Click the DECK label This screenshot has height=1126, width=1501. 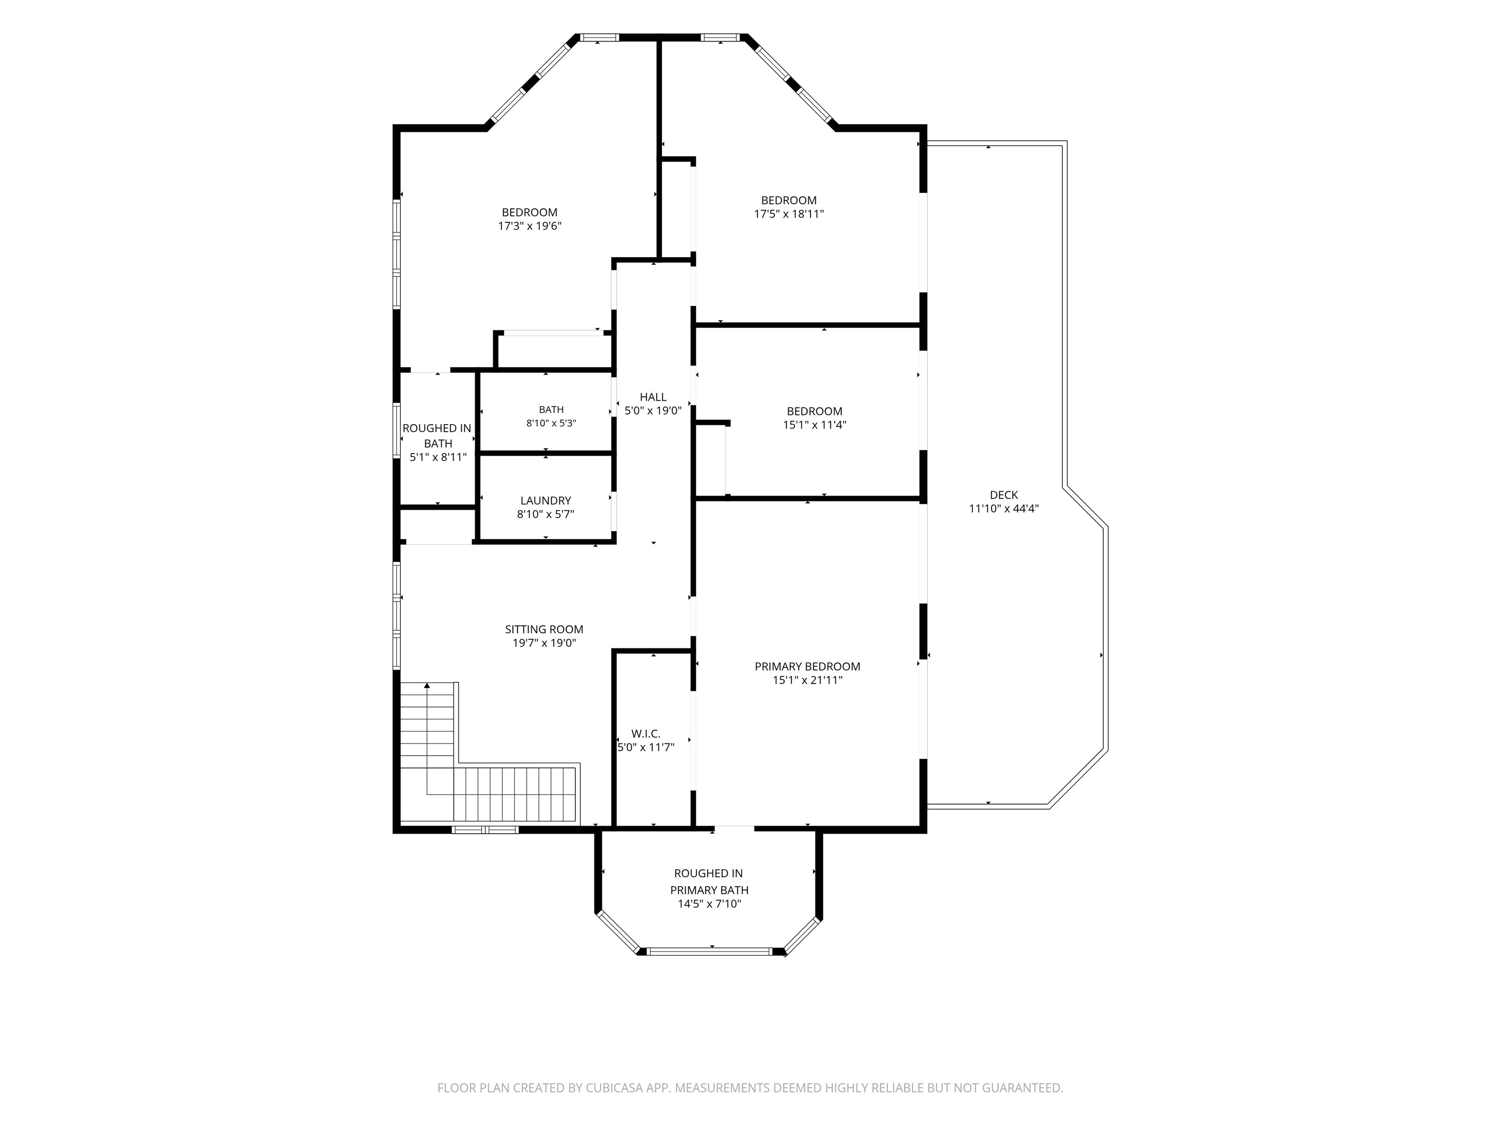[1004, 495]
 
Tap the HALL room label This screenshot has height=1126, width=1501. [653, 397]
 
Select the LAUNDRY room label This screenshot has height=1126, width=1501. [546, 501]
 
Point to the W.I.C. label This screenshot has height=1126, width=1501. [645, 734]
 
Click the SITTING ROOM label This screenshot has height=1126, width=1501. [544, 629]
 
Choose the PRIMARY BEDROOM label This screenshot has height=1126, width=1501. [808, 667]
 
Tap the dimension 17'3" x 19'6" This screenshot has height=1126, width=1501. [530, 226]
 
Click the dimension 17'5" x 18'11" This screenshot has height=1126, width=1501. [789, 214]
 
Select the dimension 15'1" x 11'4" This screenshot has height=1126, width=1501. [815, 425]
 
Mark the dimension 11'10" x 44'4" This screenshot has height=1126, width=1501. [1004, 508]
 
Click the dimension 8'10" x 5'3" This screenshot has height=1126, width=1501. [551, 423]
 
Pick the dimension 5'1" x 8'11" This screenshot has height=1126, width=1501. [438, 457]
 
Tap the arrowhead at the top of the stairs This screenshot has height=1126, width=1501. [427, 686]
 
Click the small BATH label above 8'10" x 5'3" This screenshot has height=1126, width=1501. [551, 409]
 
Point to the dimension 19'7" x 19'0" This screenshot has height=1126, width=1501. [544, 643]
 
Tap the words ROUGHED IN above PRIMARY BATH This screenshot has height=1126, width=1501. [708, 873]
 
